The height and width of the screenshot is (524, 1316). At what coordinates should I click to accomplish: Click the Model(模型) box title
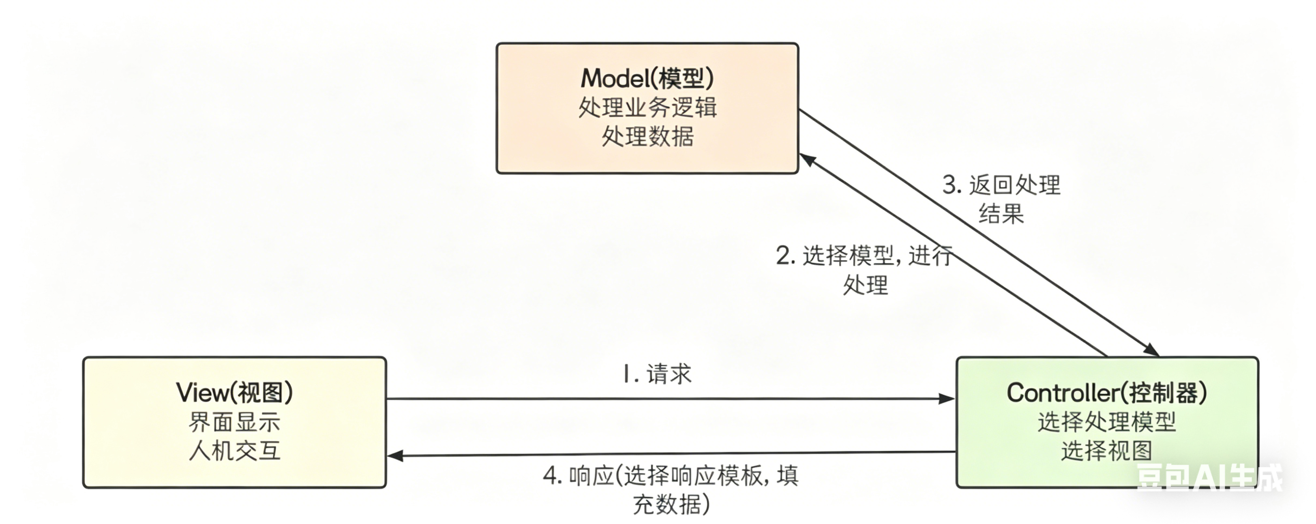click(x=647, y=78)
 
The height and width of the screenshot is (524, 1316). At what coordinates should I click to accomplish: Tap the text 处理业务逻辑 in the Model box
click(x=647, y=108)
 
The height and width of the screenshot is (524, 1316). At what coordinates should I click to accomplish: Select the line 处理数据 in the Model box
click(x=647, y=137)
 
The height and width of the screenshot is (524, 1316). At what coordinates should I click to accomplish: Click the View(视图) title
click(x=234, y=393)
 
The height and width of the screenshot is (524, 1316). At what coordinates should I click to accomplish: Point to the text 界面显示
click(x=234, y=422)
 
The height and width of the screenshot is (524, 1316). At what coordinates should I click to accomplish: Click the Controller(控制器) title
click(x=1107, y=393)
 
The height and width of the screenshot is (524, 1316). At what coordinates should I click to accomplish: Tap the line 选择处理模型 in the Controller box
click(x=1107, y=422)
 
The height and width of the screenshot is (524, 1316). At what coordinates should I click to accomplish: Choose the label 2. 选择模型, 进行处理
click(x=864, y=269)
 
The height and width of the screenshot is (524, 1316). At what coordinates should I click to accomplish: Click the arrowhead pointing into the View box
click(x=394, y=455)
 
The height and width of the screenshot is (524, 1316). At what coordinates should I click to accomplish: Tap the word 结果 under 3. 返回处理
click(x=1001, y=214)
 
